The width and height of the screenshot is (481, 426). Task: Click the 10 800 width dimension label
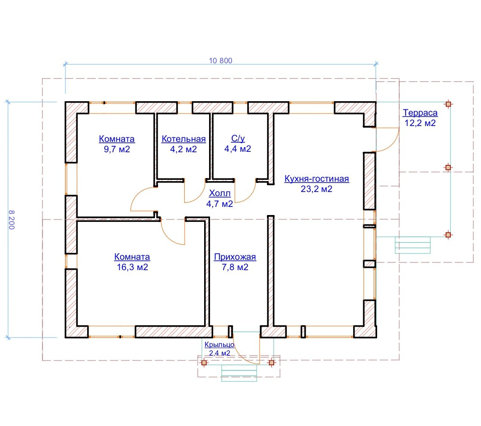point(220,61)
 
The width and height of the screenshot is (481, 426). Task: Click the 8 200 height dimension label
point(12,220)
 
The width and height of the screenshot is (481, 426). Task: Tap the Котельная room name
point(183,139)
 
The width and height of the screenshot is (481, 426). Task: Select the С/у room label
point(238,138)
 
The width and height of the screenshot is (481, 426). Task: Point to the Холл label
point(219,193)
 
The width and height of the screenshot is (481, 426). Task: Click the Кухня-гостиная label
point(317,178)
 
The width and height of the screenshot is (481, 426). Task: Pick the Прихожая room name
point(235,257)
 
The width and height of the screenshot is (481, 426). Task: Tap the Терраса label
point(420,112)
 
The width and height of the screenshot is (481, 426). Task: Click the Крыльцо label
point(219,345)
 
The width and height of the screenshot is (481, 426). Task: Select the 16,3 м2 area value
point(132,267)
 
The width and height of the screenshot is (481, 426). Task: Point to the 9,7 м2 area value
point(117,149)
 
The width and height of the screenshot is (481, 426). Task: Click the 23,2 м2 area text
point(317,189)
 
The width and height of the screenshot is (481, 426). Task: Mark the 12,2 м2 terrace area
point(420,123)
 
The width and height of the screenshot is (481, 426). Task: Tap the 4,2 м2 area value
point(183,149)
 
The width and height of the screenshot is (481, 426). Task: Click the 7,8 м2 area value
point(235,267)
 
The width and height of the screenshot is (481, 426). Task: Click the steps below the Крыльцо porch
point(239,373)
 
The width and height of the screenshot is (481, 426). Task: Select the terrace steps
point(413,245)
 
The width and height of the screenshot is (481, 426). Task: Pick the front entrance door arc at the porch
point(243,356)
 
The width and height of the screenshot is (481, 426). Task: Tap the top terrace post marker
point(448,104)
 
